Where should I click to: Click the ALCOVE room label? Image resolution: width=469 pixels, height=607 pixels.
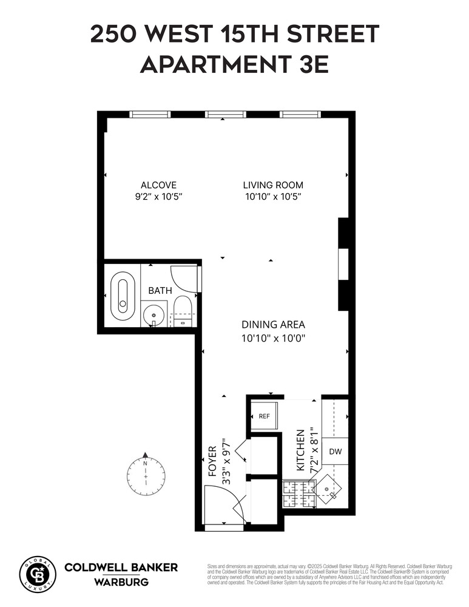pos(158,185)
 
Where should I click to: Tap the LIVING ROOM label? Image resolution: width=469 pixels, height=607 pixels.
pos(273,185)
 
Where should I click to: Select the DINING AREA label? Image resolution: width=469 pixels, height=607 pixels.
pos(273,324)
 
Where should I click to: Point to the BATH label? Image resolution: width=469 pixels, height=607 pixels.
pos(160,291)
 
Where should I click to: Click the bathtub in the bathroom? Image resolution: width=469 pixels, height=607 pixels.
pos(123,297)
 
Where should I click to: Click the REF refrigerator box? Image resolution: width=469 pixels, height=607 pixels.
pos(264,416)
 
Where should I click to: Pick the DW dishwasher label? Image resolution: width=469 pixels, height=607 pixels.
pos(335,452)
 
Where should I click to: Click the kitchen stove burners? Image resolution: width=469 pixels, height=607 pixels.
pos(297,493)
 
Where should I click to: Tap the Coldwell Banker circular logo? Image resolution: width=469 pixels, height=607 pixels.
pos(38,574)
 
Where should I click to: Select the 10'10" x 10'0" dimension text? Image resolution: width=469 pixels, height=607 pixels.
pos(273,337)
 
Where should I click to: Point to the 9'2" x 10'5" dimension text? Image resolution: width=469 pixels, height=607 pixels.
pos(158,197)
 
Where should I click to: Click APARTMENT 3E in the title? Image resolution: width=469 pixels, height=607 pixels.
pos(234,64)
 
